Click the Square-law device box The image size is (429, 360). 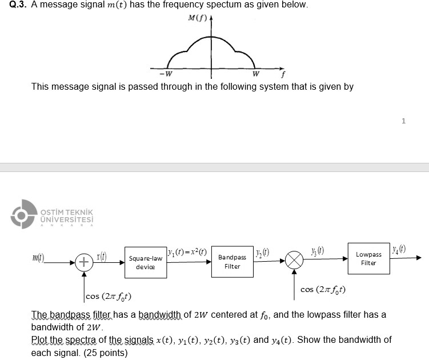tap(145, 263)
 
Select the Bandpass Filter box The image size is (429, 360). tap(232, 262)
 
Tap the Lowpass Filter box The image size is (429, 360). tap(368, 258)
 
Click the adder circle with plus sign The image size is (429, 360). tap(83, 263)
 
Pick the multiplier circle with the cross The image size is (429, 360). tap(295, 262)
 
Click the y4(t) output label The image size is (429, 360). tap(400, 249)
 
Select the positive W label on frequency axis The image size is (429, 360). tap(255, 73)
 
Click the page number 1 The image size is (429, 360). tap(403, 121)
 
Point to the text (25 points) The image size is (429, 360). tap(105, 353)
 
